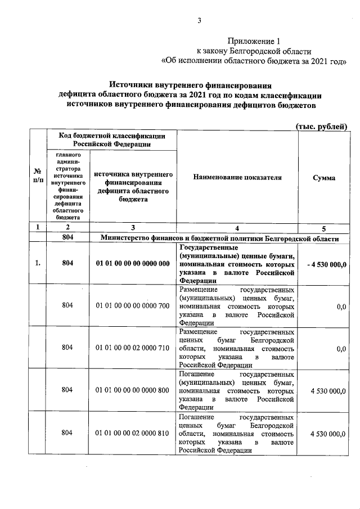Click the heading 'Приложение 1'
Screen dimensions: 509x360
253,41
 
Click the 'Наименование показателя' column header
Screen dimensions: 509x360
237,178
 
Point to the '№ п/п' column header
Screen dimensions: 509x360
37,178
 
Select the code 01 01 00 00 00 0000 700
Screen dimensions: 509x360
133,306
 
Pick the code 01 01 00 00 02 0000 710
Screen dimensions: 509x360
133,348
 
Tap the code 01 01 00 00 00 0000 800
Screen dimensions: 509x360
133,390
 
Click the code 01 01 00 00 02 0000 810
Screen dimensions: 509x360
133,434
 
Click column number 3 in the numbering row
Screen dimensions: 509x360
133,228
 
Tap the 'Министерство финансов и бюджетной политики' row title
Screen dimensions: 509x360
219,238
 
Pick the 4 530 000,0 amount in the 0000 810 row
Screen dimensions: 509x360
328,434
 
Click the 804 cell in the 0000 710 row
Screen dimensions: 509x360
67,348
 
